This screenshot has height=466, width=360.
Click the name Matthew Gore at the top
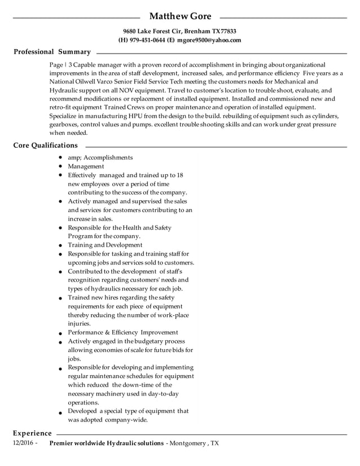click(180, 16)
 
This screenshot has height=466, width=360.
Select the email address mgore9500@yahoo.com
click(209, 40)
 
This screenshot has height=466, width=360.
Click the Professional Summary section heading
click(52, 52)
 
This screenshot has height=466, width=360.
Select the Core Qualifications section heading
click(45, 146)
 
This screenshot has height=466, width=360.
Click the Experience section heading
click(32, 433)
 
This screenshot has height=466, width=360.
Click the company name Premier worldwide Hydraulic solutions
click(107, 443)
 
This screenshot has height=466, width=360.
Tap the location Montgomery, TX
click(194, 443)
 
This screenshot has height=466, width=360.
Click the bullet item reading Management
click(86, 166)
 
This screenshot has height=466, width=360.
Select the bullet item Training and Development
click(105, 245)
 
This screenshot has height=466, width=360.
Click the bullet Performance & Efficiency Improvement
click(123, 332)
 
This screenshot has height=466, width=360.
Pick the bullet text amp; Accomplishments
click(100, 157)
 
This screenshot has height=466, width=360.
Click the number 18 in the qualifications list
click(180, 175)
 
